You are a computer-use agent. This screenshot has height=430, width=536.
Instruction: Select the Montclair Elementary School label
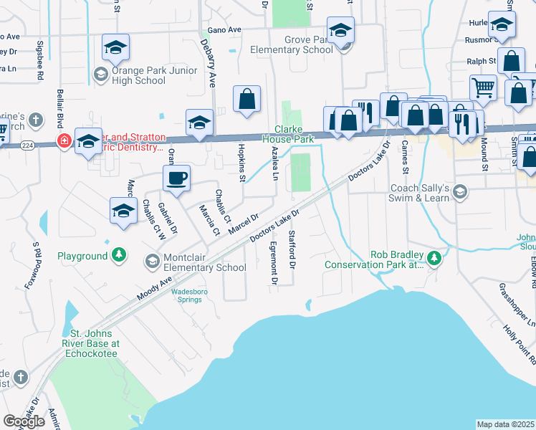[204, 263]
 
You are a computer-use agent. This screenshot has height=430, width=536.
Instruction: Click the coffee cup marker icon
[176, 178]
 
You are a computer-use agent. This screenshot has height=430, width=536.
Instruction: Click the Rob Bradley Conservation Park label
[375, 259]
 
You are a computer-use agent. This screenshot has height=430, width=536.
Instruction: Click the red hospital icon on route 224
[64, 140]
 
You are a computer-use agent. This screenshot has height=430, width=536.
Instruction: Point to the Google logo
[24, 421]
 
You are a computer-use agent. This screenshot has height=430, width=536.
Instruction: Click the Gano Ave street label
[225, 30]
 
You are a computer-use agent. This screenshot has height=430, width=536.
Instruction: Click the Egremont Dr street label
[273, 259]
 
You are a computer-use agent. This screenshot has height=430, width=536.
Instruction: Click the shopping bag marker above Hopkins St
[247, 100]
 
